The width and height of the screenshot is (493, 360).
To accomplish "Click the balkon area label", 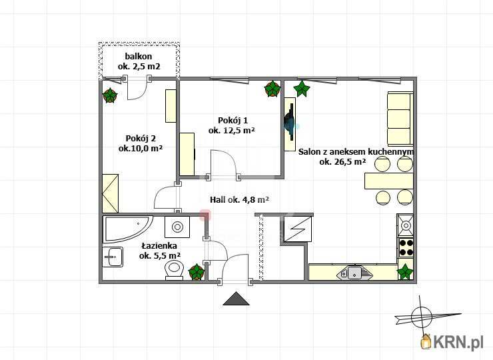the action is pos(139,61).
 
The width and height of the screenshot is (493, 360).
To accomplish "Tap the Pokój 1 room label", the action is pos(232,125).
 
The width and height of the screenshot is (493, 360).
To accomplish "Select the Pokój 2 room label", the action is pos(141,143).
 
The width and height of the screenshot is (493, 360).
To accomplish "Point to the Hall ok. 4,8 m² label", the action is pos(239,199).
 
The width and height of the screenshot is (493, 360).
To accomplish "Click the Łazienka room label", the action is pos(159,251).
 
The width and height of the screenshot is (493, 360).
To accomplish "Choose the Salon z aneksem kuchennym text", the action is pos(356,152).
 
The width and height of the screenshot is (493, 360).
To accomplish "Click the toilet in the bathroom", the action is pos(174,269).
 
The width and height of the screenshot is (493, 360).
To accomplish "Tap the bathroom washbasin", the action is pos(113,257).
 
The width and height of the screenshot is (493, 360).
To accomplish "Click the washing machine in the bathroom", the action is pos(177,227).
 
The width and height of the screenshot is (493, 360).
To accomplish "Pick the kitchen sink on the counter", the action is pos(354,273).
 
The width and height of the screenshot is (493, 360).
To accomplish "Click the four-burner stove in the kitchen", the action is pos(406,247).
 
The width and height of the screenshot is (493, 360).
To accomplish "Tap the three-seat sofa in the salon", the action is pos(400,119).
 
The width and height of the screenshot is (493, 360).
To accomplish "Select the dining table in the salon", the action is pos(389,181).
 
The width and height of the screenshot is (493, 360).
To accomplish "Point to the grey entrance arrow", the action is pos(236,299).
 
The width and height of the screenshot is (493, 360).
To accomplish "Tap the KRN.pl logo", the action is pos(452,342).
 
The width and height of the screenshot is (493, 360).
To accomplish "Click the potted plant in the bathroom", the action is pos(197,272).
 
